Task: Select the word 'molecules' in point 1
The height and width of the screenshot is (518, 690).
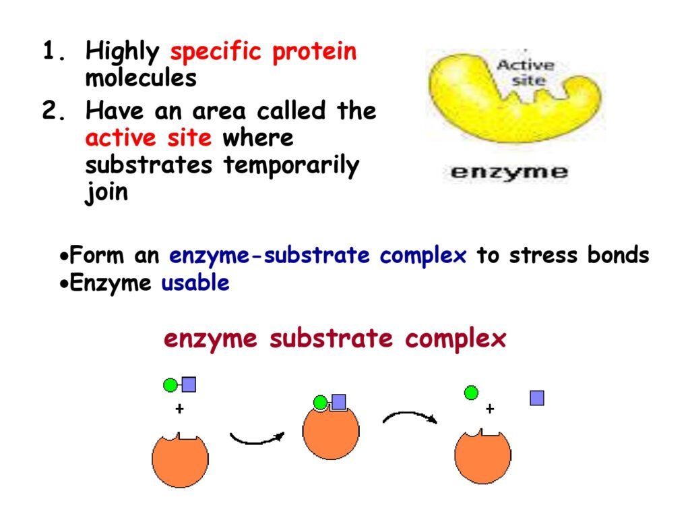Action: [x=141, y=78]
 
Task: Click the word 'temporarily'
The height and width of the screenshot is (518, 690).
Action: [x=291, y=166]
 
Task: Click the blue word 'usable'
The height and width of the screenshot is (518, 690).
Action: [x=195, y=283]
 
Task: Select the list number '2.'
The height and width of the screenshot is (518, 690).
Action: [x=55, y=110]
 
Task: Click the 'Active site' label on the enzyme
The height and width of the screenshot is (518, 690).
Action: [x=526, y=73]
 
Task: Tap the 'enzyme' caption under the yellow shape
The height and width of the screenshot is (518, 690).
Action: [x=509, y=172]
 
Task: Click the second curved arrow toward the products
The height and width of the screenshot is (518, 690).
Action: [x=410, y=415]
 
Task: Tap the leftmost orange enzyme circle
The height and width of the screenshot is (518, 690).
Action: [x=180, y=460]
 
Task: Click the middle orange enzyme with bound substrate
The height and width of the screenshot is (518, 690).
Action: [x=331, y=432]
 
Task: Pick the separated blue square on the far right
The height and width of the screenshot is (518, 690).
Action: [x=537, y=398]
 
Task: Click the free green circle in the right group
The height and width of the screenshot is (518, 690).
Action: [x=471, y=393]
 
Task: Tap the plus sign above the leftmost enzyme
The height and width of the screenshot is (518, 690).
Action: [x=179, y=409]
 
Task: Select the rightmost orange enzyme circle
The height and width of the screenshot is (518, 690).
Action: [x=482, y=457]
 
